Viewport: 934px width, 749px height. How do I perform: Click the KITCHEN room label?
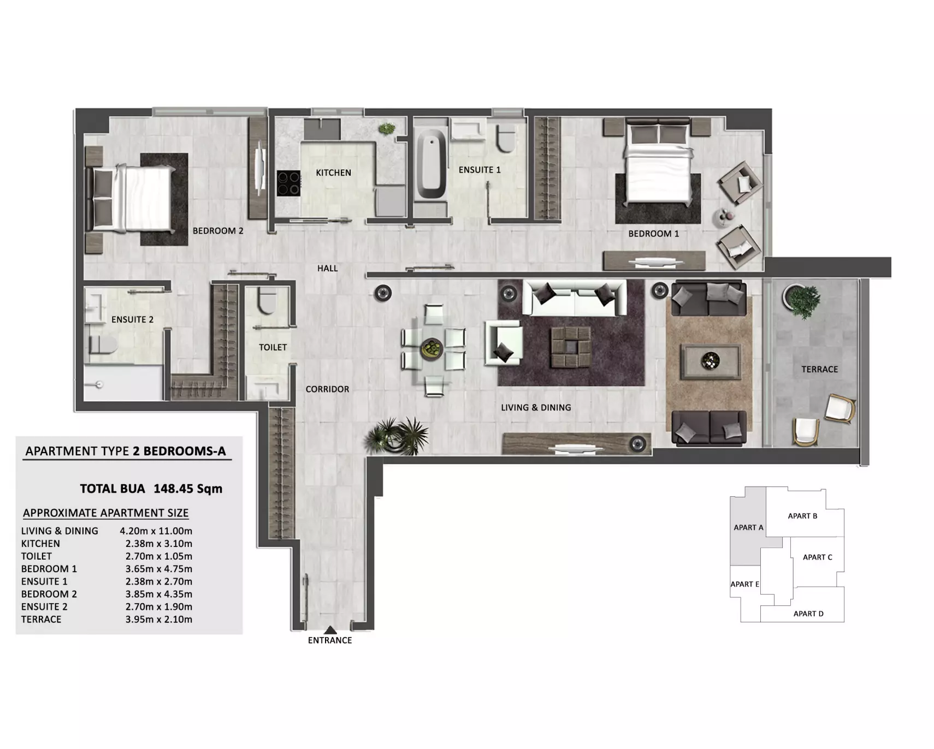tap(333, 173)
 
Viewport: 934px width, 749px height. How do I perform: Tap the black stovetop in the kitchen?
tap(288, 183)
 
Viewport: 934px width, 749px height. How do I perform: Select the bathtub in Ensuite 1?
tap(431, 164)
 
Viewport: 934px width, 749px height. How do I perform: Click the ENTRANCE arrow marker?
tap(330, 630)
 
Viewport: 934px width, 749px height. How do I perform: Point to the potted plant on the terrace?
tap(803, 301)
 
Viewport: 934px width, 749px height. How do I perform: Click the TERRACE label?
tap(819, 370)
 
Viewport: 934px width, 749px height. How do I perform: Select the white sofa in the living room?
tap(575, 298)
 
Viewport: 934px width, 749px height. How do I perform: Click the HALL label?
tap(328, 269)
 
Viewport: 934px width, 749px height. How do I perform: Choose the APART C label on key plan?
tap(818, 557)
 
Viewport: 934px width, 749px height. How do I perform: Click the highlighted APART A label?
tap(748, 527)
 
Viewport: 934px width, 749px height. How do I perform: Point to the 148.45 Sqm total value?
tap(188, 489)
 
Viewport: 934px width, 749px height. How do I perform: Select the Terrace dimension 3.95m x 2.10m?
tap(159, 620)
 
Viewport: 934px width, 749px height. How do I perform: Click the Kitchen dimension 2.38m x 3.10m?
tap(159, 544)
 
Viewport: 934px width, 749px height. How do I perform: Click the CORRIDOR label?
tap(327, 389)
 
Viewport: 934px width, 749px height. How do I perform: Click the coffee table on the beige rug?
tap(710, 361)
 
